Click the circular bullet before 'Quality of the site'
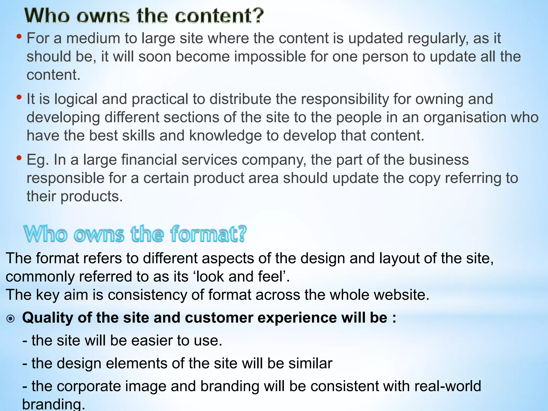click(11, 318)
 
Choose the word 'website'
click(399, 295)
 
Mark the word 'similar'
click(310, 363)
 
